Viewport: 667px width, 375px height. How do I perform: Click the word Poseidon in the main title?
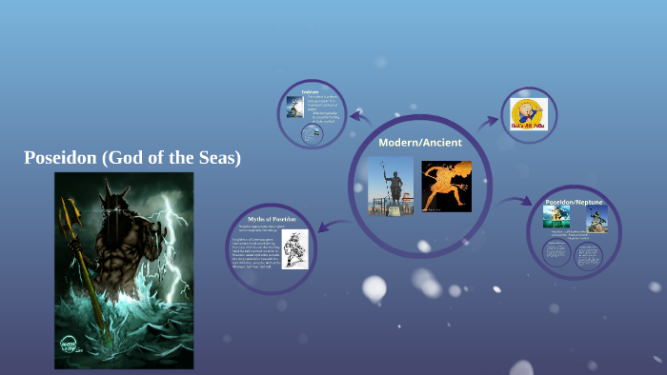tap(59, 159)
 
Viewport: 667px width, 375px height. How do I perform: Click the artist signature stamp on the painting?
tap(68, 345)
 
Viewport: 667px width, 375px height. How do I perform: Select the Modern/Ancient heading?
tap(419, 143)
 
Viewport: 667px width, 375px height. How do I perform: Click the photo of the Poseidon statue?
tap(391, 186)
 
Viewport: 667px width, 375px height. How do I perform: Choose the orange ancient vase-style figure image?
tap(446, 186)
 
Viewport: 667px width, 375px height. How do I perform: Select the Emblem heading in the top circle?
tap(311, 91)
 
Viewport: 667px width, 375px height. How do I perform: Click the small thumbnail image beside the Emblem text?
tap(295, 107)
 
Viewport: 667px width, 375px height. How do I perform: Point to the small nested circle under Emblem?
tap(310, 135)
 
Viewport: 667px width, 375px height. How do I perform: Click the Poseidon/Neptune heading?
tap(572, 203)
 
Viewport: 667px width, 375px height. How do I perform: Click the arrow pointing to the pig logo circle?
tap(488, 121)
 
